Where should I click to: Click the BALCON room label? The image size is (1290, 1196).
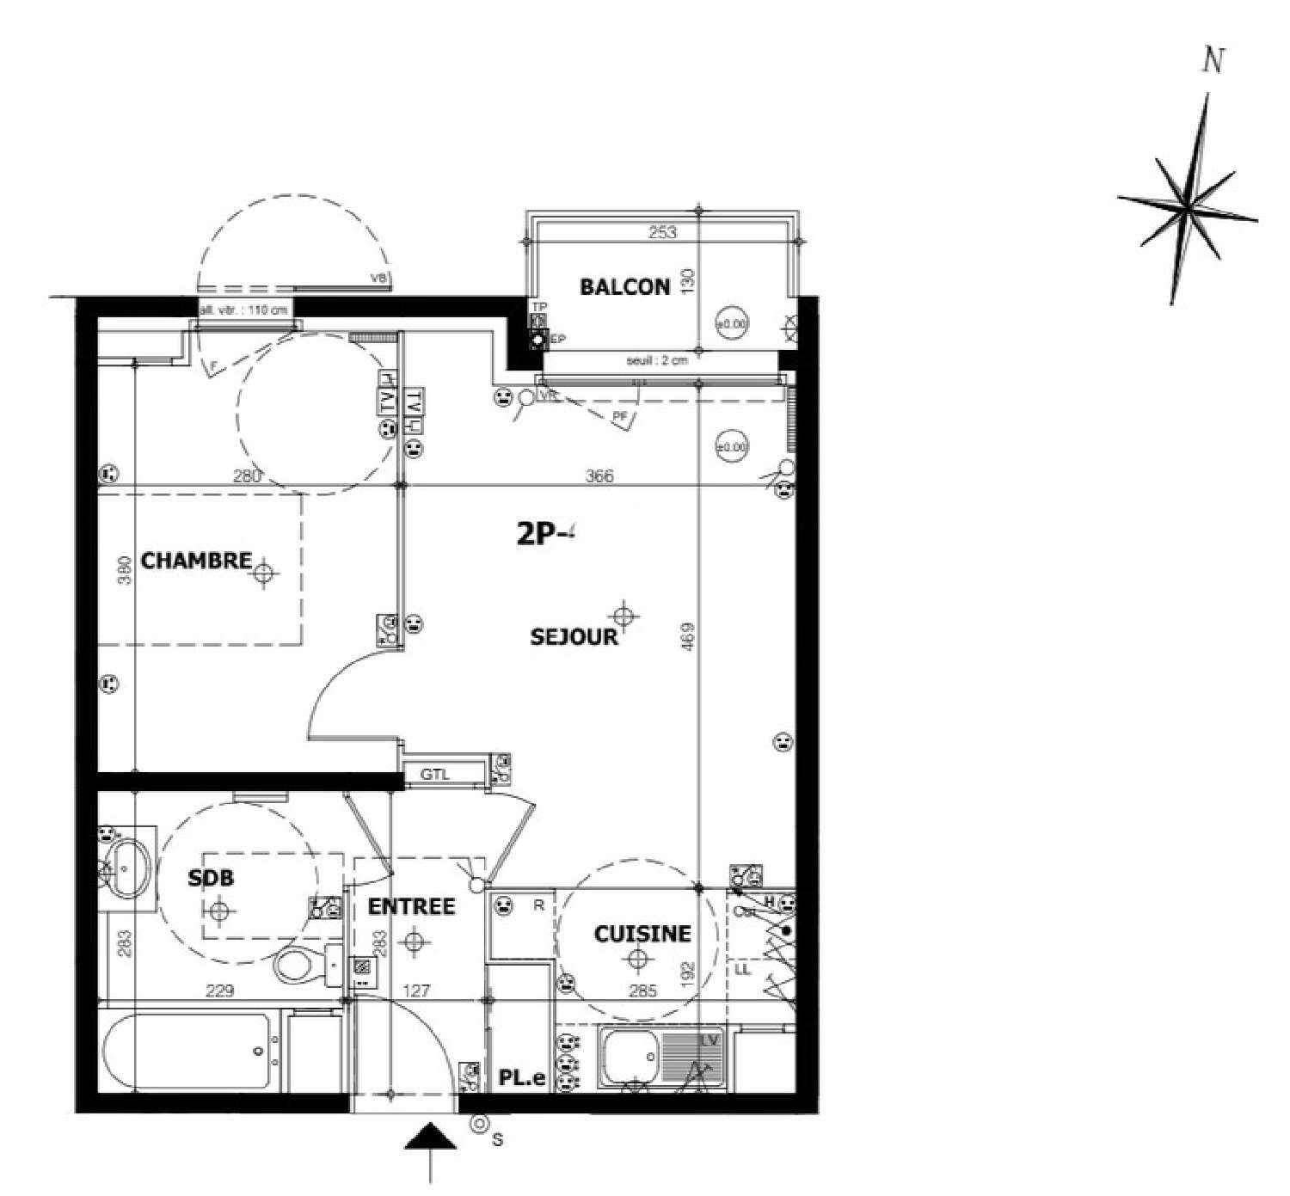pos(624,287)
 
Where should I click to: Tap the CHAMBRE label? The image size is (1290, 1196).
pos(196,561)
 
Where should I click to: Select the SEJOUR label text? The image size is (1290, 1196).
pos(574,637)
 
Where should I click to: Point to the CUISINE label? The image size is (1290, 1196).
pos(642,934)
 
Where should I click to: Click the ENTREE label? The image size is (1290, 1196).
pos(411,906)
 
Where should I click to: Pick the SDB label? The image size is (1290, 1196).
pos(211,878)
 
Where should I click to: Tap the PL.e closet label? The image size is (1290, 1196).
pos(522,1078)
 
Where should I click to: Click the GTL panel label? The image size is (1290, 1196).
pos(435,774)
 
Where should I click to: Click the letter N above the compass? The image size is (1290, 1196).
pos(1213,62)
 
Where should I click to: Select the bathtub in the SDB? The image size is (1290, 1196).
pos(186,1051)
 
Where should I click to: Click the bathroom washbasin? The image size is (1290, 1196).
pos(128,867)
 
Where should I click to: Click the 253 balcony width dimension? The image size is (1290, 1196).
pos(662,232)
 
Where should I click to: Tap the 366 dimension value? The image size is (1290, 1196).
pos(599,475)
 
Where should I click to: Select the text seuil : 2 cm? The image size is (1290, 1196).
pos(657,361)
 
